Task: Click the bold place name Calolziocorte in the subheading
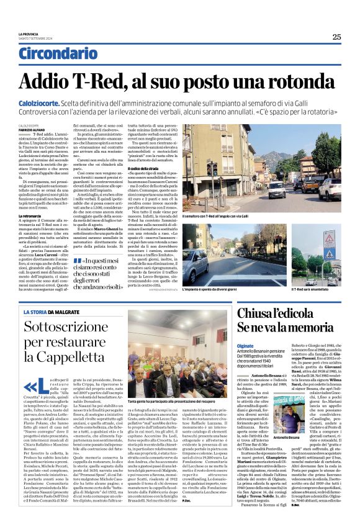43,103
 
